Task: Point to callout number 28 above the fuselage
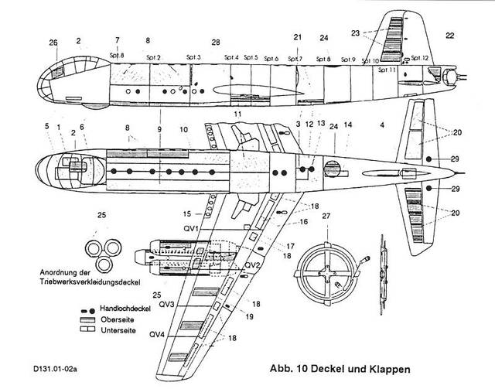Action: (216, 42)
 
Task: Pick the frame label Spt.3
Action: (193, 57)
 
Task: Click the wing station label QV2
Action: (251, 264)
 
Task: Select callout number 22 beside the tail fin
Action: (449, 34)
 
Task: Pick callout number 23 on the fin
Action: (377, 33)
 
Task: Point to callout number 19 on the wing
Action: (250, 316)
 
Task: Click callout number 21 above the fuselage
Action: (297, 37)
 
